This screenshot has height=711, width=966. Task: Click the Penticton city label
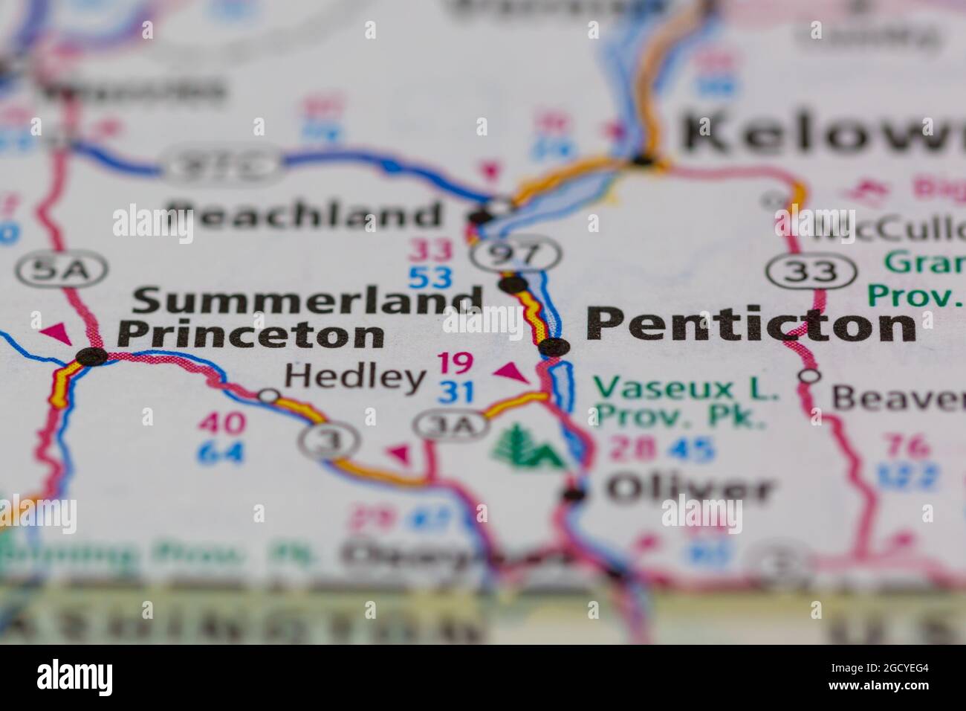coord(751,325)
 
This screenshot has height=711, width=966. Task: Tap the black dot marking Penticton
coord(554,347)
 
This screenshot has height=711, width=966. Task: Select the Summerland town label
coord(308,300)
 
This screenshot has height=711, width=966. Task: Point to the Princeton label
coord(250,335)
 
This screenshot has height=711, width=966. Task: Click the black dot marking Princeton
coord(93,356)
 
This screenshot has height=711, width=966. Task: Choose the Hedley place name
coord(354,377)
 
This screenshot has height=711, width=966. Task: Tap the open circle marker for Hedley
coord(268,396)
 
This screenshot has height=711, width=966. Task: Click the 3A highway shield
coord(451,425)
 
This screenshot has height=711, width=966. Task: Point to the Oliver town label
coord(690,490)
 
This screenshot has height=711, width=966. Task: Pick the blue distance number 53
coord(430,278)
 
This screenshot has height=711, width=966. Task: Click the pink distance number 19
coord(455,363)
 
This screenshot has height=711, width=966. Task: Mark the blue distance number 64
coord(221,452)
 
